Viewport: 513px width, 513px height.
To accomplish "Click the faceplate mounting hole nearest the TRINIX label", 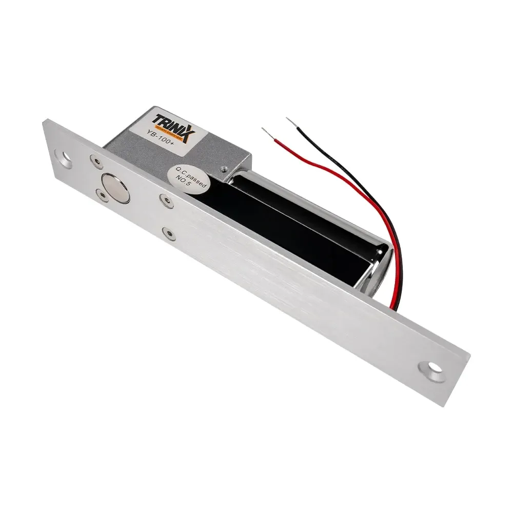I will (x=66, y=157).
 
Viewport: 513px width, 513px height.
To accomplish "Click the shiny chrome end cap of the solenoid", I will (x=380, y=267).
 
